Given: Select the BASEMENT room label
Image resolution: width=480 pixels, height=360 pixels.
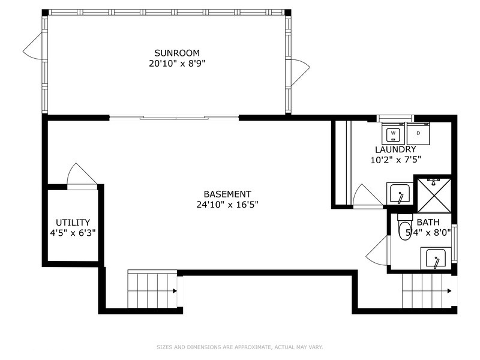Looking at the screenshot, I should tap(227, 194).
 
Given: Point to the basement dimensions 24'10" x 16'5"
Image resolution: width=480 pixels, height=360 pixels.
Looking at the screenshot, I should tap(227, 204).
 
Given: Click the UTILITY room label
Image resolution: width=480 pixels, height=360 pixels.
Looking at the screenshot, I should tap(73, 222).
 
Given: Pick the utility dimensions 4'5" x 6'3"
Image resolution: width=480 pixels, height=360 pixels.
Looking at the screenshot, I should tap(73, 232).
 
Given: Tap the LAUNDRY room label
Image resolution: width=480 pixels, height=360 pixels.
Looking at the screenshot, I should tap(395, 149).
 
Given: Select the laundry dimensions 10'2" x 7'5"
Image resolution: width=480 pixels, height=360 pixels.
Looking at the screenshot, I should tap(395, 160).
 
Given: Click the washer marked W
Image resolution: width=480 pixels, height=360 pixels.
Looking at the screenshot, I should tap(394, 133).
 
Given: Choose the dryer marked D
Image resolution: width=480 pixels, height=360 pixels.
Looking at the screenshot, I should tap(418, 133).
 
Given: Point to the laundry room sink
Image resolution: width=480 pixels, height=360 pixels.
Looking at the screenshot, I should tap(400, 193).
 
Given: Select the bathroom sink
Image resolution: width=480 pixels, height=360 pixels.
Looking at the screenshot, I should tap(435, 259).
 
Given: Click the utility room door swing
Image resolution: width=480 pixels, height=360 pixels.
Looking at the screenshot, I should tap(81, 176).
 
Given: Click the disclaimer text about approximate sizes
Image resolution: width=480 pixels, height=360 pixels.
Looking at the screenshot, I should tap(240, 347).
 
